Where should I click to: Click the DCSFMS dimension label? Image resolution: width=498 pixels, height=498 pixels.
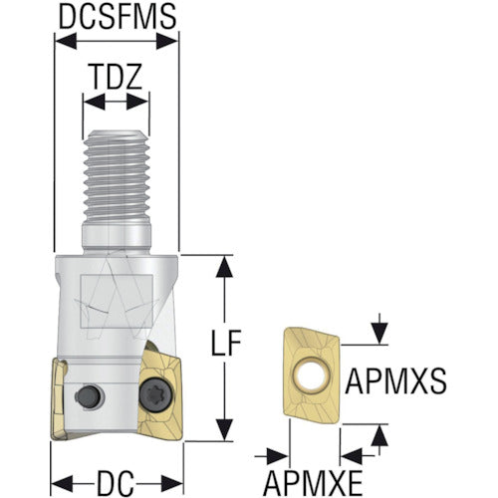[x=118, y=17]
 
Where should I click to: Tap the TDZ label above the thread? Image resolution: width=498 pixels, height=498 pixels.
[x=116, y=77]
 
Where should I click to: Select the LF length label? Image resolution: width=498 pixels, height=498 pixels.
[x=226, y=343]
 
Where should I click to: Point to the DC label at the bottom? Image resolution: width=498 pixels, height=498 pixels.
[x=117, y=482]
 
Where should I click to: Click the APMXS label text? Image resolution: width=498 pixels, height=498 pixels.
[x=396, y=381]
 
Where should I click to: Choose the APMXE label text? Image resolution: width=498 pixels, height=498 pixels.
[x=313, y=483]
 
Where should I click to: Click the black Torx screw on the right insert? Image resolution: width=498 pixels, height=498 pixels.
[x=156, y=395]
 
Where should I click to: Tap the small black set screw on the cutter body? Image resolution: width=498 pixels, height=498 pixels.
[x=89, y=396]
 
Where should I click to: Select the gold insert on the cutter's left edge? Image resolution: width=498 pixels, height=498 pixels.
[x=59, y=399]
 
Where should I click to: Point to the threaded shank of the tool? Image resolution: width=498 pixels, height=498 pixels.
[x=117, y=176]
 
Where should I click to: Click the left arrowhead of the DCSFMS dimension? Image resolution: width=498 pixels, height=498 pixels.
[x=66, y=42]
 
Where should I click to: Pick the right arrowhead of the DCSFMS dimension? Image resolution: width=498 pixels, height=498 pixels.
[x=167, y=42]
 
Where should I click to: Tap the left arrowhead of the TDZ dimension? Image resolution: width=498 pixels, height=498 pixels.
[x=95, y=102]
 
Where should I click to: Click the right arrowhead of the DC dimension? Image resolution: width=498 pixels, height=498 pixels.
[x=172, y=483]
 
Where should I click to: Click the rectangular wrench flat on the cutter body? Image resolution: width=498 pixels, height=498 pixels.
[x=117, y=302]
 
